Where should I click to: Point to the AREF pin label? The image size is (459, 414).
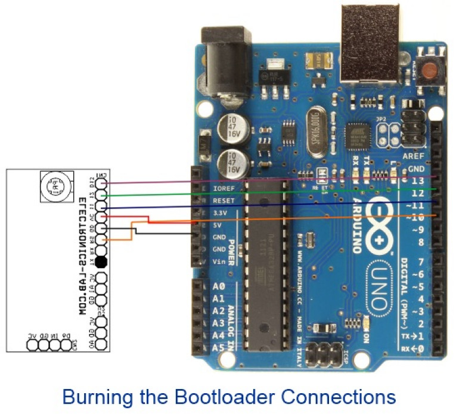coord(413,155)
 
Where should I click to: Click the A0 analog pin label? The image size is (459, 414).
coord(218,286)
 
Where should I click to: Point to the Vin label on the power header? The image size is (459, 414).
coord(219,262)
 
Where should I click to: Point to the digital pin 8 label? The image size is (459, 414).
coord(421,242)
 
